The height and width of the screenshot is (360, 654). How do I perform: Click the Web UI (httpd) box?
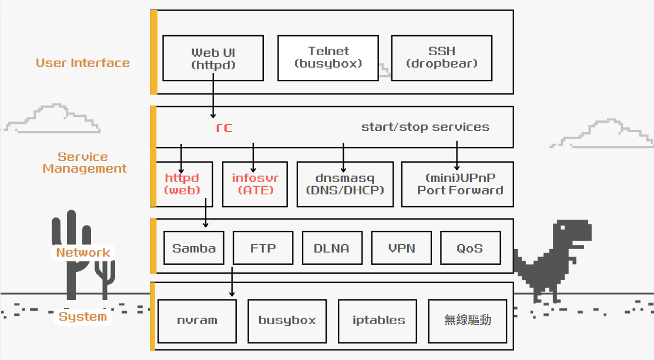(x=213, y=58)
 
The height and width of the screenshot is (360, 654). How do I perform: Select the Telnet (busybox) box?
(x=328, y=58)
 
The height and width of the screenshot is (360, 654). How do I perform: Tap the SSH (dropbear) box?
(x=441, y=58)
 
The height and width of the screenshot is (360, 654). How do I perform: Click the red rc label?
(x=224, y=127)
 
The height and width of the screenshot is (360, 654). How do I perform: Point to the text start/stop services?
(x=425, y=127)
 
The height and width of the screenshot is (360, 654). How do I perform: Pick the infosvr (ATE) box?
(x=254, y=184)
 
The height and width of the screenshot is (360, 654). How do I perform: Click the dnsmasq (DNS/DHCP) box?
(x=344, y=184)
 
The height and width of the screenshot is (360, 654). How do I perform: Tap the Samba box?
(x=194, y=248)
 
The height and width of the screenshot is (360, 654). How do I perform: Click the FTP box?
(x=263, y=248)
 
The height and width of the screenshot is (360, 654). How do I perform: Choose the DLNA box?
(x=332, y=248)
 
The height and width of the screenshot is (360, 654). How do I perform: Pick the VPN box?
(x=401, y=248)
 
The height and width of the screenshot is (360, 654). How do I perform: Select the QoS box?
(x=470, y=248)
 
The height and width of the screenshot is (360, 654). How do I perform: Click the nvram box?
(x=197, y=321)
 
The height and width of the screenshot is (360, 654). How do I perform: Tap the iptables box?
(x=378, y=321)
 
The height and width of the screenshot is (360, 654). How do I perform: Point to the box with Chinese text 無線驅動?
(x=467, y=321)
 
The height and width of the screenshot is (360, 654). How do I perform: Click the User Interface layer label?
(x=83, y=63)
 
